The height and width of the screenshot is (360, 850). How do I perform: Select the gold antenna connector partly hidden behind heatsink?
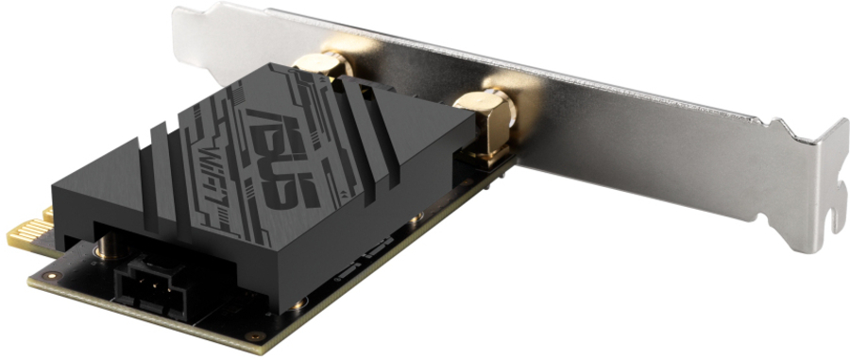click(322, 65)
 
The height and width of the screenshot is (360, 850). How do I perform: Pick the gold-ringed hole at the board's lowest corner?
click(254, 335)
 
